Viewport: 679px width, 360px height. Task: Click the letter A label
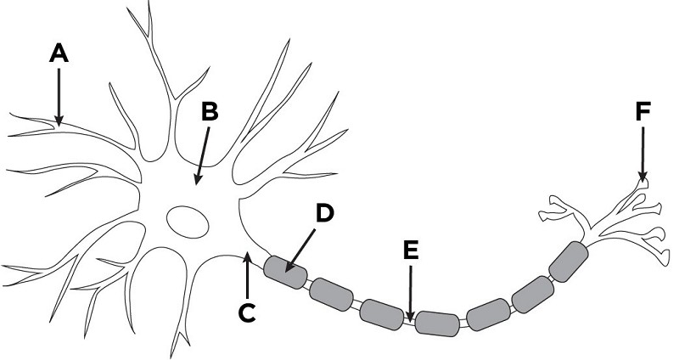click(x=59, y=53)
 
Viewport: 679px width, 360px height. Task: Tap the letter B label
click(x=210, y=111)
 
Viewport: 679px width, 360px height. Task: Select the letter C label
click(x=247, y=313)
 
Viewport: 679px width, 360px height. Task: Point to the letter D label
click(x=324, y=212)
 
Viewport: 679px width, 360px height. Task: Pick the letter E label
click(x=411, y=250)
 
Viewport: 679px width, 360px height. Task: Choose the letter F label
click(x=643, y=111)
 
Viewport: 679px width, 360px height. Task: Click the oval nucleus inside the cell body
click(x=188, y=222)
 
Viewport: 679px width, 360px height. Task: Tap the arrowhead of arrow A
click(x=59, y=121)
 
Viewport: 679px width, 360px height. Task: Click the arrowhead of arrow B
click(x=198, y=178)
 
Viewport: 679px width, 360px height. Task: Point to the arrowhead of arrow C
click(x=247, y=257)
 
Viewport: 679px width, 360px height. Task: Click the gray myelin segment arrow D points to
click(x=286, y=273)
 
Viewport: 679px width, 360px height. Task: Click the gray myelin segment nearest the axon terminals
click(x=569, y=262)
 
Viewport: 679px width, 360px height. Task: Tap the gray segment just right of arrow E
click(x=437, y=323)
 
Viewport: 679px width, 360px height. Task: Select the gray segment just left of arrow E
click(x=382, y=314)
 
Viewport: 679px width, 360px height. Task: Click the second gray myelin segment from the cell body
click(x=332, y=295)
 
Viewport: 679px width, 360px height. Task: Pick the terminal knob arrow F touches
click(x=643, y=183)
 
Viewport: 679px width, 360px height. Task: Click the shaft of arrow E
click(x=411, y=290)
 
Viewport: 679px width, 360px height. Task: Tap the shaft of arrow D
click(x=302, y=247)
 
